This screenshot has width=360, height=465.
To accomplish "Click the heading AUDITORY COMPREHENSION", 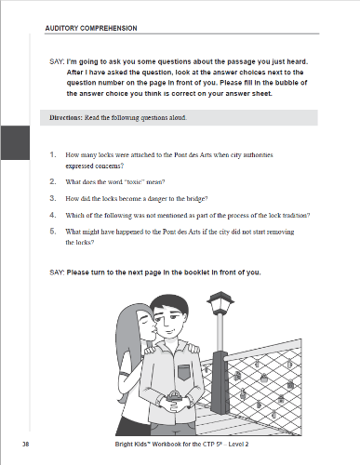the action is coord(91,28).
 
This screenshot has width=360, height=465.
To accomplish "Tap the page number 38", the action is coord(26,445).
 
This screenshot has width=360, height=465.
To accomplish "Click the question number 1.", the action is coord(53,154).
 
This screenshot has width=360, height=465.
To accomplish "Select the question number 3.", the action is coord(53,198).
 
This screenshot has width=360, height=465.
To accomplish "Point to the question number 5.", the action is coord(53,232).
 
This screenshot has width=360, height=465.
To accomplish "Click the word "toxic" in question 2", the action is coord(135,182).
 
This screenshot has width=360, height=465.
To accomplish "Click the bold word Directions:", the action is coord(65,118).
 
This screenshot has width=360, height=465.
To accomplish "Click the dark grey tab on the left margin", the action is coord(15,142).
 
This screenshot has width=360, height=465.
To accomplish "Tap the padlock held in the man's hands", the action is coord(173,396).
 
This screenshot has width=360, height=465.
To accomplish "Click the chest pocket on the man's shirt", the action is coord(184,373).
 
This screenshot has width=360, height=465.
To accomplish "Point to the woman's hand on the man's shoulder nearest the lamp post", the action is coord(193,348).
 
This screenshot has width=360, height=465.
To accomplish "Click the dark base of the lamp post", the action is coord(220,383).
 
